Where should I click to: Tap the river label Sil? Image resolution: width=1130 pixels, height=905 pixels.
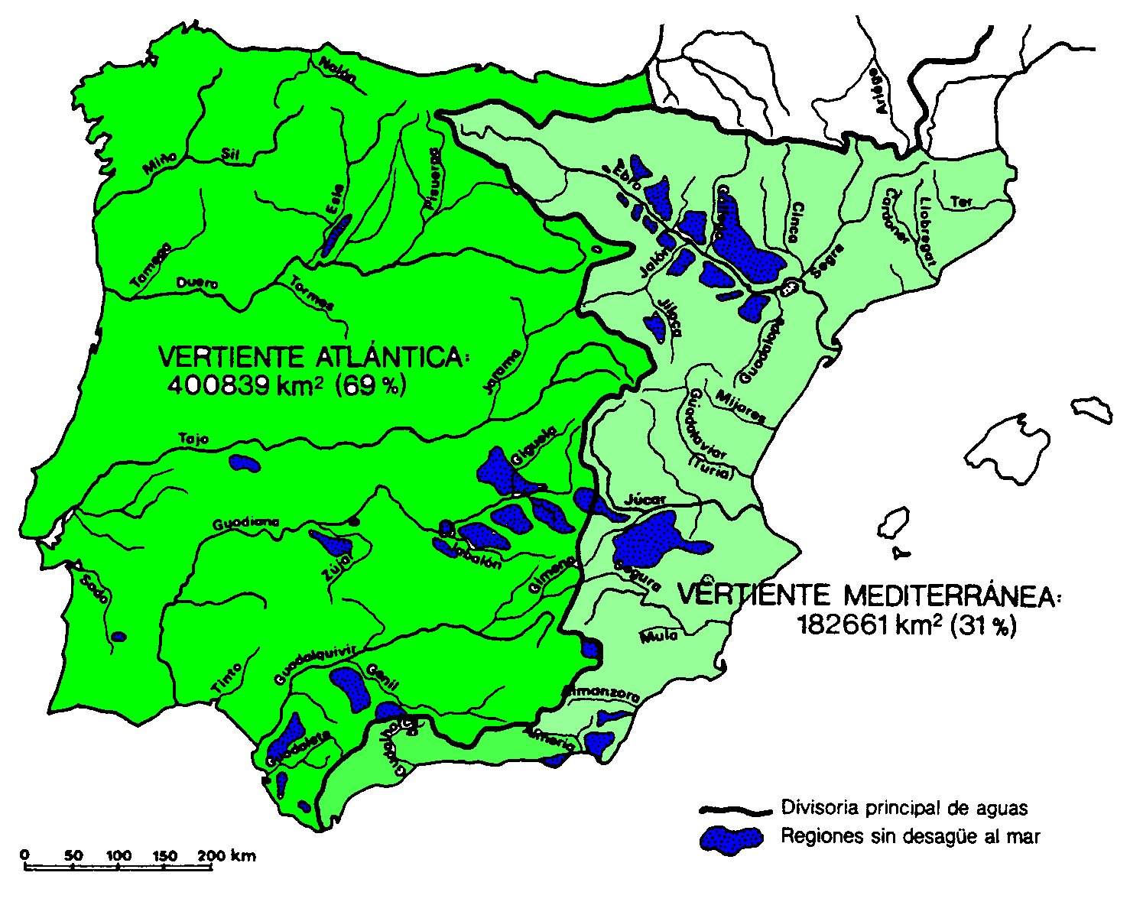pos(230,154)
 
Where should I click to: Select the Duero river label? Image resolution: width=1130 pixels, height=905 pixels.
pos(197,284)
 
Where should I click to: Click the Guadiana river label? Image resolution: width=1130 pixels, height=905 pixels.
pos(245,524)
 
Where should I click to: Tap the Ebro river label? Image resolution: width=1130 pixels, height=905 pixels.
pos(625,171)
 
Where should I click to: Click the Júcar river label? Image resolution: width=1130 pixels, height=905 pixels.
pos(646,498)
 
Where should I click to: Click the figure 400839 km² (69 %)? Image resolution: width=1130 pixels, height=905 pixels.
pos(287,386)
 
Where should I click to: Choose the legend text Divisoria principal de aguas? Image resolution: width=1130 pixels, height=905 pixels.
pos(904,808)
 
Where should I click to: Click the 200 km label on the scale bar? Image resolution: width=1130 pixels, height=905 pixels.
pos(227,855)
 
